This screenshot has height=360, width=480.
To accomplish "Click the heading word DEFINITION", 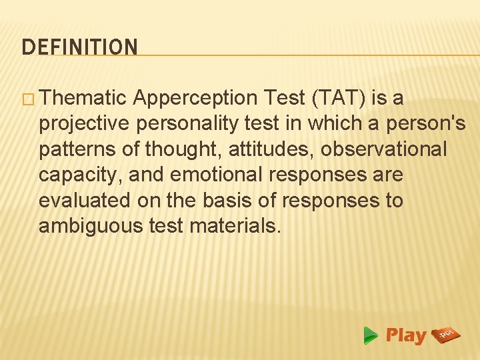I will (79, 47).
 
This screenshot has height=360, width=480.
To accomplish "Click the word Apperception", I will (195, 99).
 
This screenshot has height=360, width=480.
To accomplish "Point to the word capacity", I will (80, 175).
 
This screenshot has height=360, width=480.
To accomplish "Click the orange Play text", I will (405, 335).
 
